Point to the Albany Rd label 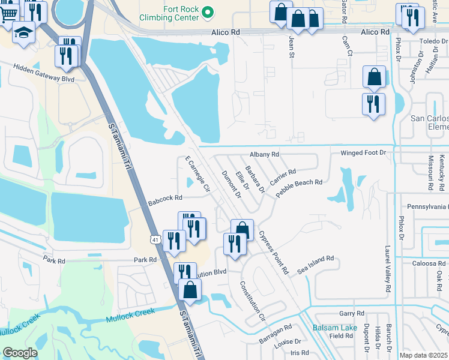click(x=265, y=154)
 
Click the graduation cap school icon click(x=23, y=32)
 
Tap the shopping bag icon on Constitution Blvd click(x=190, y=290)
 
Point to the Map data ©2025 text click(x=424, y=355)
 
